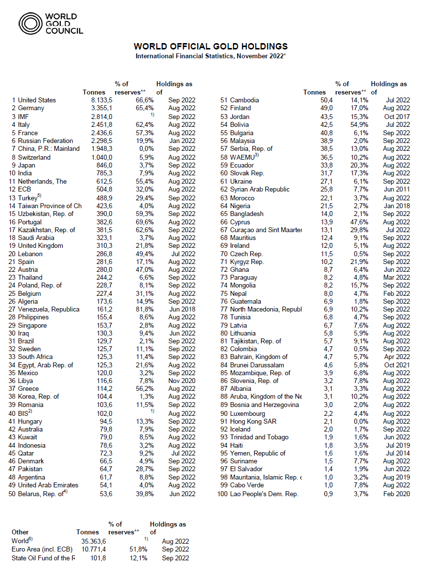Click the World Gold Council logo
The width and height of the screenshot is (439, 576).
coord(50,23)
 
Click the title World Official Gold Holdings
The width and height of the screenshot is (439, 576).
coord(211,47)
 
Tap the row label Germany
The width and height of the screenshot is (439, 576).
coord(31,108)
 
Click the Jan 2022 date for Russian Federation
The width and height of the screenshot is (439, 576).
coord(181,141)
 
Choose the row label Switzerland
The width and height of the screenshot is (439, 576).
coord(34,157)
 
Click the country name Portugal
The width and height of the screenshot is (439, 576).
coord(31,221)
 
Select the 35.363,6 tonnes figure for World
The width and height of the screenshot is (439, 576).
coord(92,541)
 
